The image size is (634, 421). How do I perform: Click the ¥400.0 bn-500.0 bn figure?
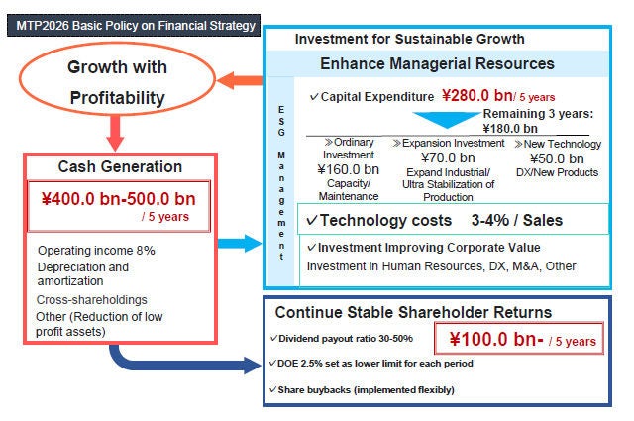click(x=118, y=198)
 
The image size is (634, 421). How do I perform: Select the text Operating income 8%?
click(x=96, y=250)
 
